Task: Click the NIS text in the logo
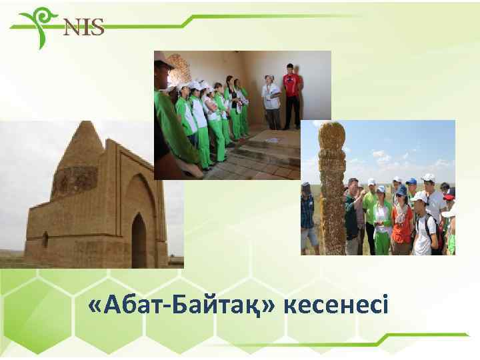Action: coord(83,27)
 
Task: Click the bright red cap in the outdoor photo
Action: coord(449,193)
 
